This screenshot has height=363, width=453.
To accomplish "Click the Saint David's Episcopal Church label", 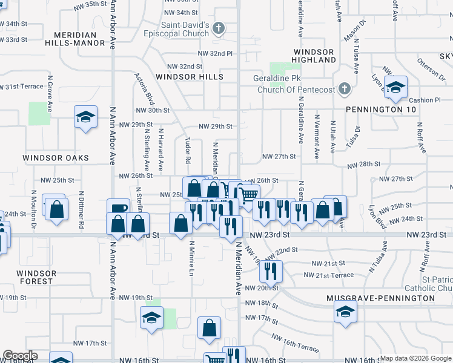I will click(185, 31).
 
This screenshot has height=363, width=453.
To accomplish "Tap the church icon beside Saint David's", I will click(219, 28).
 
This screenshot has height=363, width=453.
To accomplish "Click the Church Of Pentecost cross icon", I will click(344, 90).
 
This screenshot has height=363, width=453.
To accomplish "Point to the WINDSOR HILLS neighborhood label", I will click(190, 77).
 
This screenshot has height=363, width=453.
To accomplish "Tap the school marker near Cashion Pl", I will click(395, 88).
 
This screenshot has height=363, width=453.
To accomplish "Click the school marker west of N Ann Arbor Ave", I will click(86, 117).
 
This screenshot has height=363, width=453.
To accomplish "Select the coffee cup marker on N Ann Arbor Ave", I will click(118, 209).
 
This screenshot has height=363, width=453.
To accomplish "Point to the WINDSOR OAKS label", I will click(56, 158).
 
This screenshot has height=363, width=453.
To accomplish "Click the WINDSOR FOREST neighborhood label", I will click(37, 277).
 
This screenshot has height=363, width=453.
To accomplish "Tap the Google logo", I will click(19, 356).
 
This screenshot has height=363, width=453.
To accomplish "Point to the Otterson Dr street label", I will click(431, 68).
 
